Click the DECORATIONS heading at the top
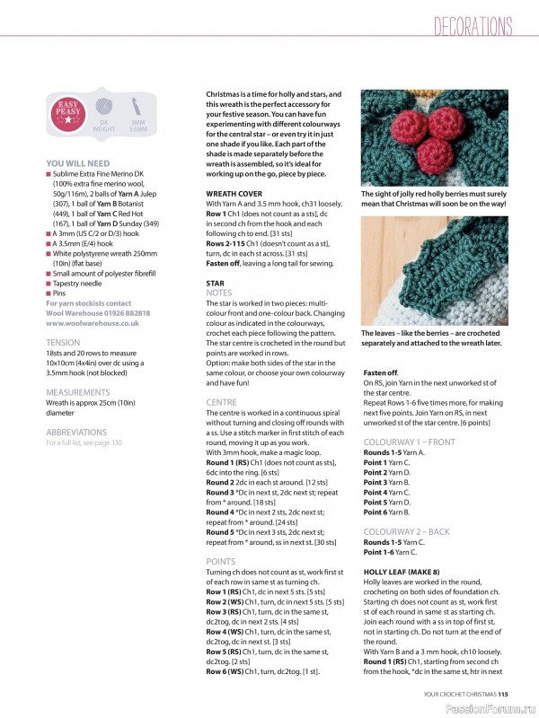click(473, 26)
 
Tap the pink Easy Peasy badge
click(67, 117)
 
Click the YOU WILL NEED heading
click(78, 163)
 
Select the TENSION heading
click(63, 343)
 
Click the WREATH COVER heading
click(234, 193)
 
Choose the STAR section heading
click(215, 283)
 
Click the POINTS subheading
click(221, 561)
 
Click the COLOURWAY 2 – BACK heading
click(406, 532)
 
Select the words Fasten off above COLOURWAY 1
click(381, 372)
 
